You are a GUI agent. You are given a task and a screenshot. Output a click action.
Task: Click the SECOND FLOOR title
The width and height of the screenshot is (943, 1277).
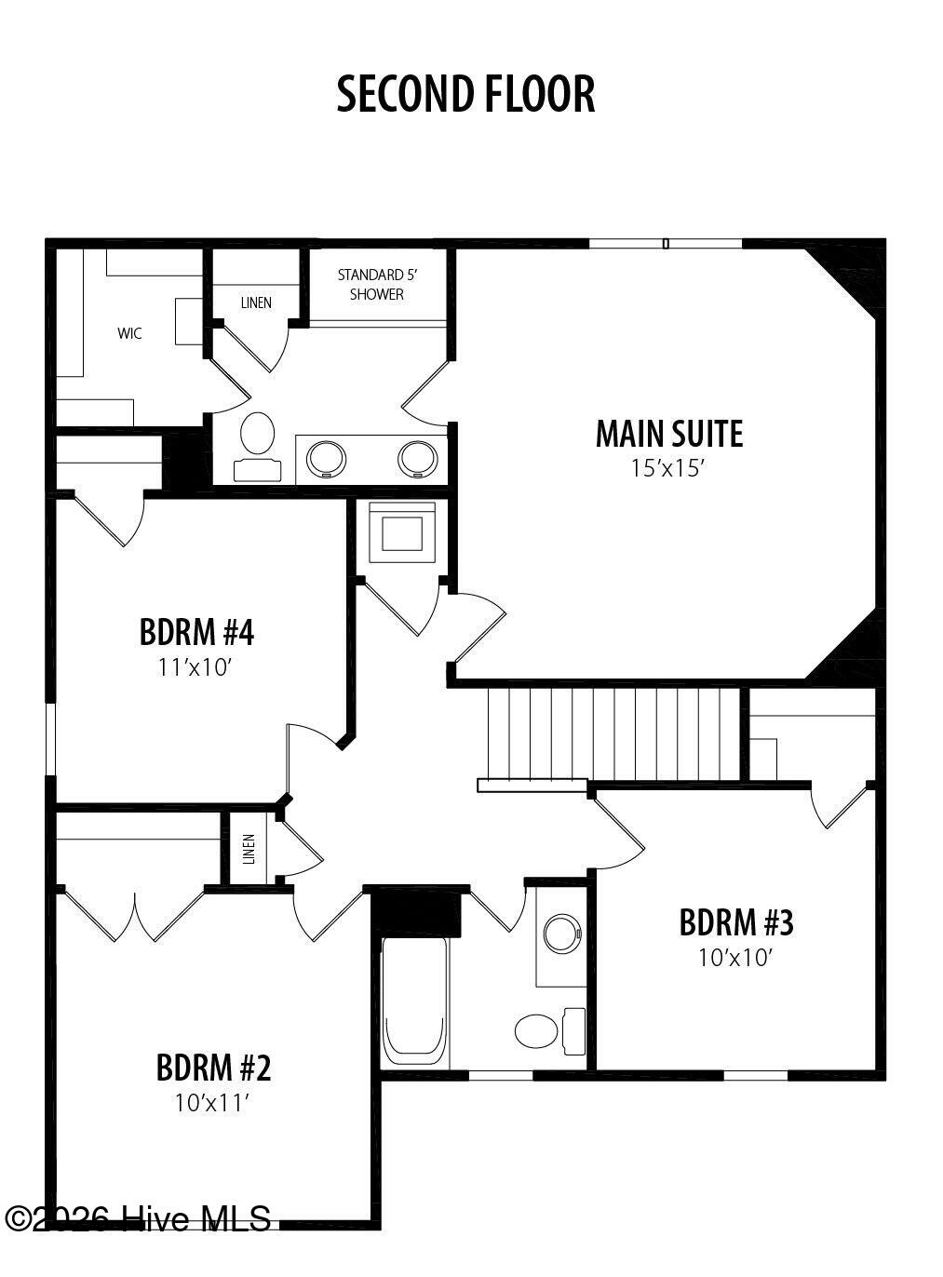[x=465, y=95]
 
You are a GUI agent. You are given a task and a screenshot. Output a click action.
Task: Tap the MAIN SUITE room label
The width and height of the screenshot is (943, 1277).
[x=669, y=434]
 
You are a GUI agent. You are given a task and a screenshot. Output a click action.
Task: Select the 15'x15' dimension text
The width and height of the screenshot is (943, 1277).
[x=667, y=467]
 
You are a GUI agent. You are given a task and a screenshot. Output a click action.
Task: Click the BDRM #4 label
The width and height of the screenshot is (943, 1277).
[x=196, y=632]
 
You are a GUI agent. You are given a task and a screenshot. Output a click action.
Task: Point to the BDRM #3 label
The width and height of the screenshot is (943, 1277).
[x=736, y=922]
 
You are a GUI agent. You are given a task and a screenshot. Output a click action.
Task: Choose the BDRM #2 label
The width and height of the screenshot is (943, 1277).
[x=213, y=1068]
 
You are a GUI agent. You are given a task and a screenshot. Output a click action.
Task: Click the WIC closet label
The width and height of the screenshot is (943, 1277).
[x=129, y=333]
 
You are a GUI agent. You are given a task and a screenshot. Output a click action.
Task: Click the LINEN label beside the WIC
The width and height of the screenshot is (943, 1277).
[x=256, y=302]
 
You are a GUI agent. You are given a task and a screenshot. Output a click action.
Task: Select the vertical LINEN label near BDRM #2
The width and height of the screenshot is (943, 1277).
[x=249, y=849]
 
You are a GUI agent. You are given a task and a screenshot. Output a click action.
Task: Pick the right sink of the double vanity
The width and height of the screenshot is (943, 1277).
[x=417, y=457]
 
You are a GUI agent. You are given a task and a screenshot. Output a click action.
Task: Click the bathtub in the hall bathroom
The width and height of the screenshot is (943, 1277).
[x=415, y=1001]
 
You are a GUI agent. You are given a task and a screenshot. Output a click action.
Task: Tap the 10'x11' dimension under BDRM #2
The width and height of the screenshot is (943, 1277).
[x=213, y=1103]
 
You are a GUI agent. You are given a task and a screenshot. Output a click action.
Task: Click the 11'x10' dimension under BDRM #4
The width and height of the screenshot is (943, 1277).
[x=195, y=666]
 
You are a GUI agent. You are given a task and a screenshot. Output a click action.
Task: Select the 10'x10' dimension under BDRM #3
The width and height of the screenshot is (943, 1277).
[x=735, y=957]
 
